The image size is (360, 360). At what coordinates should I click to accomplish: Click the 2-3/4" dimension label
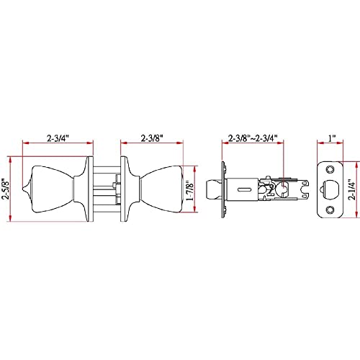pyautogui.click(x=58, y=138)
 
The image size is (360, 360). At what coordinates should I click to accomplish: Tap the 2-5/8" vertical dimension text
pyautogui.click(x=5, y=189)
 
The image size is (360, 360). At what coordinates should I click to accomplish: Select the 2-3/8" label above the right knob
pyautogui.click(x=152, y=138)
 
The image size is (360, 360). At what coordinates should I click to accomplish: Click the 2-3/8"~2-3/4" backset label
pyautogui.click(x=253, y=138)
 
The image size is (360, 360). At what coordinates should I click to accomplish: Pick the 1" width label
pyautogui.click(x=332, y=138)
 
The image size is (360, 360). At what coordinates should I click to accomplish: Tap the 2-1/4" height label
pyautogui.click(x=352, y=189)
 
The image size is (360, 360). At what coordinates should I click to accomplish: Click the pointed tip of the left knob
pyautogui.click(x=23, y=189)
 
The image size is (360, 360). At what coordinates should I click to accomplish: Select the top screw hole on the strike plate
pyautogui.click(x=330, y=170)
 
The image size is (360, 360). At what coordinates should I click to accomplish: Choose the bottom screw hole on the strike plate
pyautogui.click(x=330, y=210)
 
